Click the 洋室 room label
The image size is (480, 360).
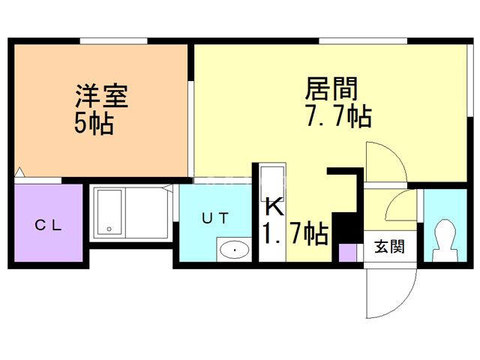[100, 97]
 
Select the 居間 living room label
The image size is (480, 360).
[331, 90]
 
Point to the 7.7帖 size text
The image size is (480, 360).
[337, 116]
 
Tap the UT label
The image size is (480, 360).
[216, 217]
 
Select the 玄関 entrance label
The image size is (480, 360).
[388, 246]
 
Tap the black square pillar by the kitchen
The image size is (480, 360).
[346, 226]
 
